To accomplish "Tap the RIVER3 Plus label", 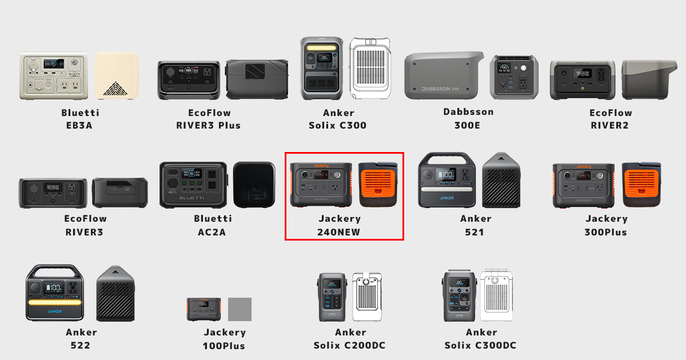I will [209, 125].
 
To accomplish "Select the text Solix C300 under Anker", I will [337, 125].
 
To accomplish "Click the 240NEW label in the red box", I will [339, 232].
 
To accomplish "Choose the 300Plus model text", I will [606, 232].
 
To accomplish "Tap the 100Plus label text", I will [224, 346].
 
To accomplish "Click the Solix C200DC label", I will [350, 345].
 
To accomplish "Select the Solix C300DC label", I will [481, 345].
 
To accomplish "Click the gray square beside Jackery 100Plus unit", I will [240, 309].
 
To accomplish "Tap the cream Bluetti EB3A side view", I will [117, 76].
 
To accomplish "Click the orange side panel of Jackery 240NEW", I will [378, 185].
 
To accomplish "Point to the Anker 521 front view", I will [448, 180].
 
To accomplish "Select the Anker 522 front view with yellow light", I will [55, 293].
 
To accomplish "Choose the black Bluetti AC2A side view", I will [254, 184].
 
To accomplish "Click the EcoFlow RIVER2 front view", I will [583, 80].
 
